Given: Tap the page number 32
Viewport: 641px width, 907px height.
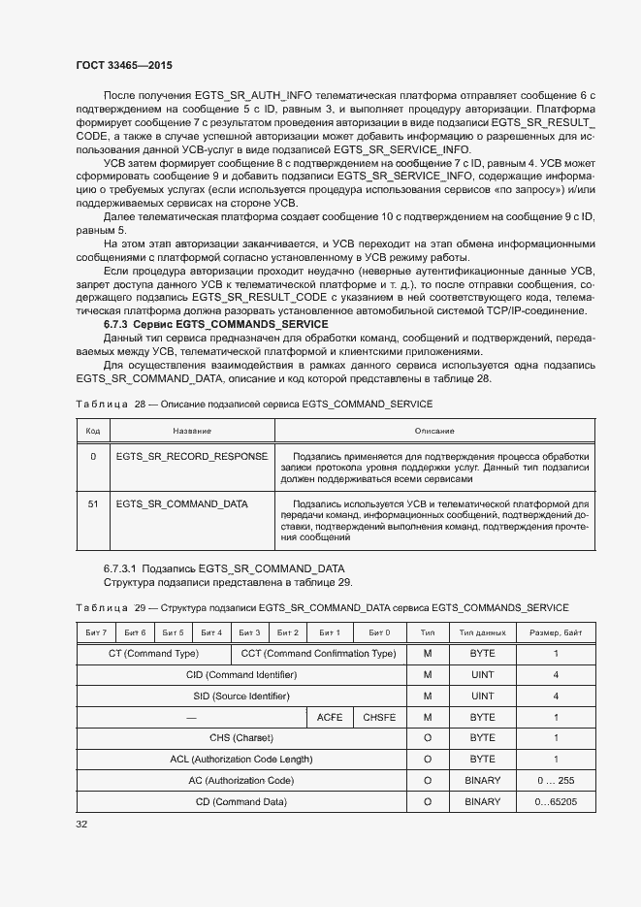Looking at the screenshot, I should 81,824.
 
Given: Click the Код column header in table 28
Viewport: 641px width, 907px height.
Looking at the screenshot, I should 93,430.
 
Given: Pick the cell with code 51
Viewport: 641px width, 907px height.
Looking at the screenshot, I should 93,504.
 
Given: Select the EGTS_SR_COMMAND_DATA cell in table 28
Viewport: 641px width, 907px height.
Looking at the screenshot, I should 181,504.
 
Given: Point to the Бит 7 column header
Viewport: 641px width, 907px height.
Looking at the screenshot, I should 96,632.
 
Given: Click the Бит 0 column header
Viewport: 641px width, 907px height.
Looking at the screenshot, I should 379,632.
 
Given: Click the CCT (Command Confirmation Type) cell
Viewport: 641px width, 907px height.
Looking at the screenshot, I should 318,654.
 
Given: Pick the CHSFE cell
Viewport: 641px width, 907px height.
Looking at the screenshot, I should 379,717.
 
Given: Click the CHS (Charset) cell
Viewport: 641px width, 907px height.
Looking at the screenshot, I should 241,738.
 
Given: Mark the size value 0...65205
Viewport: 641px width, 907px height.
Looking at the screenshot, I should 556,801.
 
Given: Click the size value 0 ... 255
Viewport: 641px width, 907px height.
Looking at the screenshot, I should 556,780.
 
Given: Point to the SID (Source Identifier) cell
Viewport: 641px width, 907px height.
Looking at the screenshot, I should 241,696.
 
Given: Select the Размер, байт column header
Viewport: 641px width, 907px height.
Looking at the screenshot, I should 556,632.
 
